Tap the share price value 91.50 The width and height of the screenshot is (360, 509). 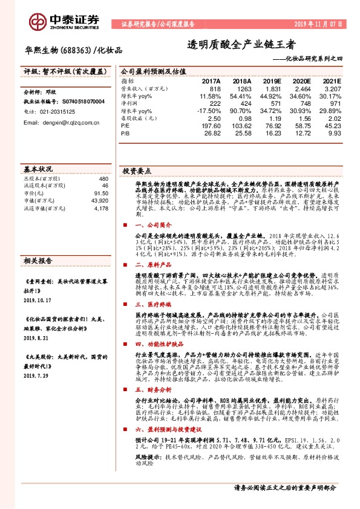click(x=100, y=193)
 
